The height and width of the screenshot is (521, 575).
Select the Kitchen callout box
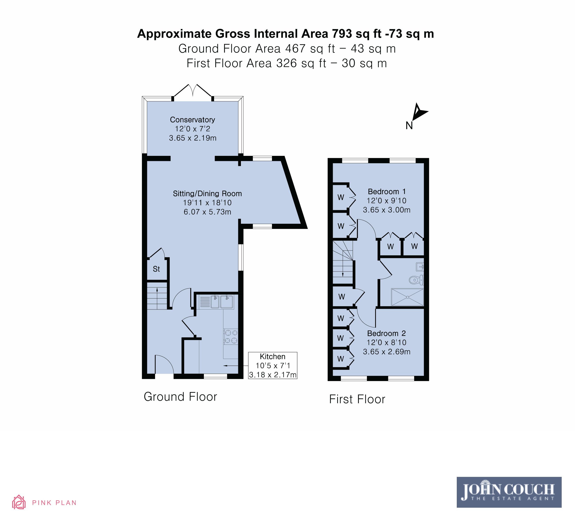click(x=273, y=365)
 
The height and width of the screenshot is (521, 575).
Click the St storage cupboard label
click(x=156, y=269)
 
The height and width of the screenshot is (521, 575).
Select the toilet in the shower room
click(x=416, y=280)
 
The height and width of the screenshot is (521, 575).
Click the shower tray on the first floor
click(x=408, y=297)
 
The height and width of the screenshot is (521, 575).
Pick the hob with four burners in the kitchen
click(x=231, y=336)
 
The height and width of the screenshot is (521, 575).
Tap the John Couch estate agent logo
click(x=509, y=492)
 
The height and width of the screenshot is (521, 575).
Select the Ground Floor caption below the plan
click(x=180, y=397)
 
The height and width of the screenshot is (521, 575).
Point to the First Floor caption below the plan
click(x=357, y=399)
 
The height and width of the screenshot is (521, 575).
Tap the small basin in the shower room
click(x=420, y=267)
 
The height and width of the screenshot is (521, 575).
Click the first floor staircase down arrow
click(x=343, y=265)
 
